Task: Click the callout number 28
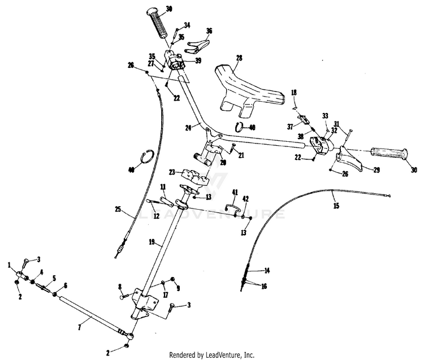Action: tap(239, 58)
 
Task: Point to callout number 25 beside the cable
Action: tap(118, 210)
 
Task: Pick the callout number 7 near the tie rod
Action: tap(79, 327)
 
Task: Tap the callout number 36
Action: tap(209, 31)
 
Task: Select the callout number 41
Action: tap(235, 192)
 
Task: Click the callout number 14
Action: tap(267, 271)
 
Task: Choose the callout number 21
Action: tap(241, 155)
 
